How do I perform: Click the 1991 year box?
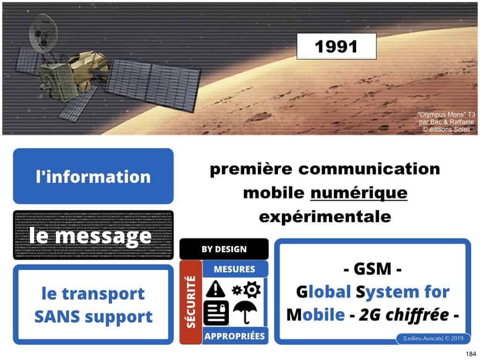pyautogui.click(x=336, y=46)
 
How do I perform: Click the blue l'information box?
pyautogui.click(x=93, y=176)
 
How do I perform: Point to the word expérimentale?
pyautogui.click(x=324, y=217)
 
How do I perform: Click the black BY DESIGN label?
pyautogui.click(x=224, y=249)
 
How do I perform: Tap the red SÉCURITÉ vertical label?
pyautogui.click(x=191, y=302)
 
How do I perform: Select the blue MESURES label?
pyautogui.click(x=234, y=269)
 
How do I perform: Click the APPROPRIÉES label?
pyautogui.click(x=234, y=336)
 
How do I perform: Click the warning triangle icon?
pyautogui.click(x=215, y=289)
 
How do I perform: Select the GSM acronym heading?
pyautogui.click(x=372, y=271)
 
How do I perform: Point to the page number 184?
pyautogui.click(x=469, y=353)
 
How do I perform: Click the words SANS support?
pyautogui.click(x=93, y=316)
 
